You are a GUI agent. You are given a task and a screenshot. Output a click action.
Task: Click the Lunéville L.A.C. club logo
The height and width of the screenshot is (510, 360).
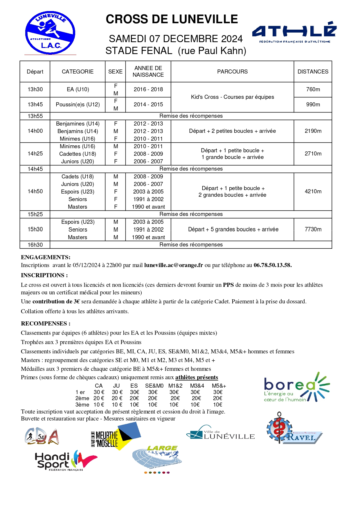point(50,33)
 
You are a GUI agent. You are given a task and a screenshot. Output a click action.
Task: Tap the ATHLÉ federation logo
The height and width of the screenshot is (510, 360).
point(294,32)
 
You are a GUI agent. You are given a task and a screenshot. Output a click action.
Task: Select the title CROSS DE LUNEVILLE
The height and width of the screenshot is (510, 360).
point(172,19)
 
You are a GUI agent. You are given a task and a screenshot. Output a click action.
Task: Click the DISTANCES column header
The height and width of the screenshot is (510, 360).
point(313,71)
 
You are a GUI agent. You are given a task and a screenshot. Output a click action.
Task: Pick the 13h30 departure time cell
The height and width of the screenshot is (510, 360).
point(35,90)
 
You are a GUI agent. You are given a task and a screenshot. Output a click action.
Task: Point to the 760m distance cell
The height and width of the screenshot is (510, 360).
point(313,90)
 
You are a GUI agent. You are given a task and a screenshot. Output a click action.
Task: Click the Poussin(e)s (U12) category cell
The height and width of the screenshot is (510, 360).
point(78,105)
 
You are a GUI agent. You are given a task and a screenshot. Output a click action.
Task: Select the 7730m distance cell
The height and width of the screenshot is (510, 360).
point(313,230)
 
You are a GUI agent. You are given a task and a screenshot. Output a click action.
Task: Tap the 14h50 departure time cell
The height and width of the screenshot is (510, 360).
point(35,192)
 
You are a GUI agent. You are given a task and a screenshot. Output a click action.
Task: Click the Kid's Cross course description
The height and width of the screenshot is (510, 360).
point(232,97)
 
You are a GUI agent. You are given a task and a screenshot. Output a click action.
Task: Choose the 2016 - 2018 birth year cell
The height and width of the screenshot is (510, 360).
point(148,90)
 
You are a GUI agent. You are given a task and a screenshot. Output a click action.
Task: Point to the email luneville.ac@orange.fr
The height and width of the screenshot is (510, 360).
point(173,265)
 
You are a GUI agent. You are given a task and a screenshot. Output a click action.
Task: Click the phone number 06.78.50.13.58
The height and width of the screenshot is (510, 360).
point(272,265)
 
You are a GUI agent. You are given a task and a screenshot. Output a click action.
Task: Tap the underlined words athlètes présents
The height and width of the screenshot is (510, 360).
point(197,377)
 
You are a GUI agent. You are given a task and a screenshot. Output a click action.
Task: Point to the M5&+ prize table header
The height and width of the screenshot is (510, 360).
point(219,386)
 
